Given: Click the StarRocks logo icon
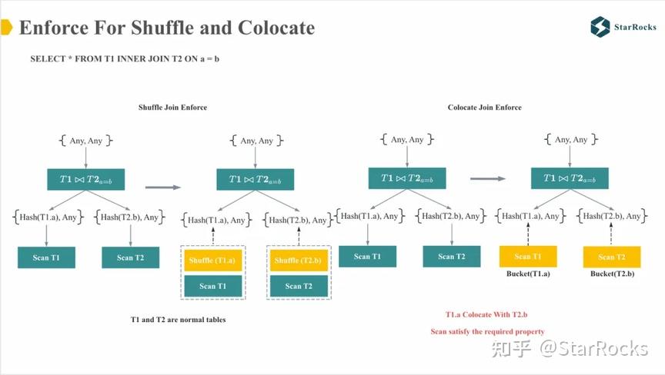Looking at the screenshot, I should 600,27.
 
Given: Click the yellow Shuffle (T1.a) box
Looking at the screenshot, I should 212,261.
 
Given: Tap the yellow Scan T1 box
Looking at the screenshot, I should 528,257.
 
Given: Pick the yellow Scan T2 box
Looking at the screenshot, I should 612,257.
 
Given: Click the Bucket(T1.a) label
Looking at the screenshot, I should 528,274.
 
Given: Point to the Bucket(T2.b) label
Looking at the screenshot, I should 612,274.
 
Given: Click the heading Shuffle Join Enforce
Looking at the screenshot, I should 172,108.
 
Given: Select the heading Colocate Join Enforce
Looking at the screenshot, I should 484,108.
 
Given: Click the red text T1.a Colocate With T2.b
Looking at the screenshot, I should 486,315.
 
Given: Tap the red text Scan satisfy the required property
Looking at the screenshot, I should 487,331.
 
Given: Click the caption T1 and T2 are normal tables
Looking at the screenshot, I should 179,319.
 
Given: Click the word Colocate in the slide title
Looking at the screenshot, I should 278,28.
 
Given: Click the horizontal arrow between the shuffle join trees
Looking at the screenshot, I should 162,186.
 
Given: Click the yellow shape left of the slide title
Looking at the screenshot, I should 5,28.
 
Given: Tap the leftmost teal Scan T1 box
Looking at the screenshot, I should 46,257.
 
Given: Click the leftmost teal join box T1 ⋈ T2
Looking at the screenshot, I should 85,180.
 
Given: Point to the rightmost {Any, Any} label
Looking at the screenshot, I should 570,140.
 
